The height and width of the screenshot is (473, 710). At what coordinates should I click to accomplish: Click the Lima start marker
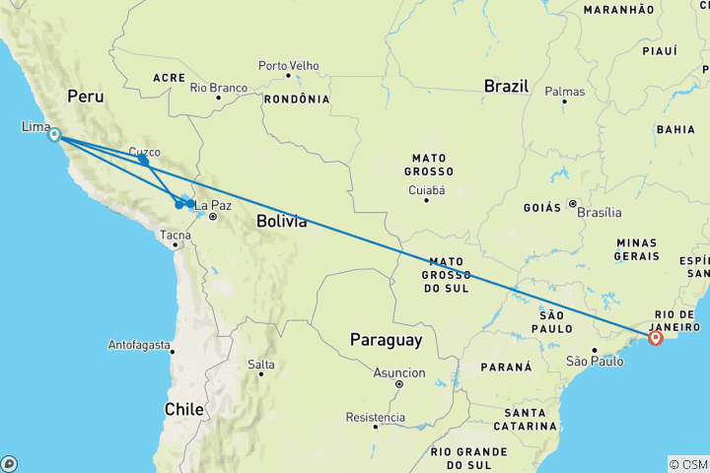click(x=54, y=136)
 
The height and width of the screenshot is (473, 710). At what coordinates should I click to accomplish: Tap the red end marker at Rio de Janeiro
click(x=656, y=339)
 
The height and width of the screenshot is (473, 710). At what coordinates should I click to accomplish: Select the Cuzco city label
click(x=144, y=152)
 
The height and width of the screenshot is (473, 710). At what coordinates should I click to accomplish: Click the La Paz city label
click(x=213, y=205)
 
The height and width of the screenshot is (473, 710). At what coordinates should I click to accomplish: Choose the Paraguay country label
click(x=386, y=340)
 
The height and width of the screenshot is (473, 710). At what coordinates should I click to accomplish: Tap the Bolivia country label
click(x=281, y=222)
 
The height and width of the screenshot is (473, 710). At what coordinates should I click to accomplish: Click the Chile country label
click(x=184, y=408)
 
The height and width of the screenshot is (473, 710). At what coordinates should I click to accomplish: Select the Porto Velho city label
click(x=289, y=66)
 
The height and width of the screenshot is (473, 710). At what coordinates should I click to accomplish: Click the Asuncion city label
click(x=399, y=372)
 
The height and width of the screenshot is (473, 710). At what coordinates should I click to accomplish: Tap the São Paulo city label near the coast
click(x=596, y=362)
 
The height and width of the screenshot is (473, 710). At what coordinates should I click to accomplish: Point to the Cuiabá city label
click(x=426, y=190)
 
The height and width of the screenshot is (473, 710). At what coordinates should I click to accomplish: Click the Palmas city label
click(x=565, y=92)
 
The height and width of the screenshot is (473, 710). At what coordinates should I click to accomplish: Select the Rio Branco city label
click(x=218, y=88)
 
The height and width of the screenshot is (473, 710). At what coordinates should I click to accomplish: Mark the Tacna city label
click(x=176, y=235)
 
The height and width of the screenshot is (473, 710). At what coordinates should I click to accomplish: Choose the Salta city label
click(x=261, y=365)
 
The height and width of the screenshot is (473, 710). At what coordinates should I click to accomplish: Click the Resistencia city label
click(x=376, y=417)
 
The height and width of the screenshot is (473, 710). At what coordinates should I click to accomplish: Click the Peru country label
click(x=87, y=97)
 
